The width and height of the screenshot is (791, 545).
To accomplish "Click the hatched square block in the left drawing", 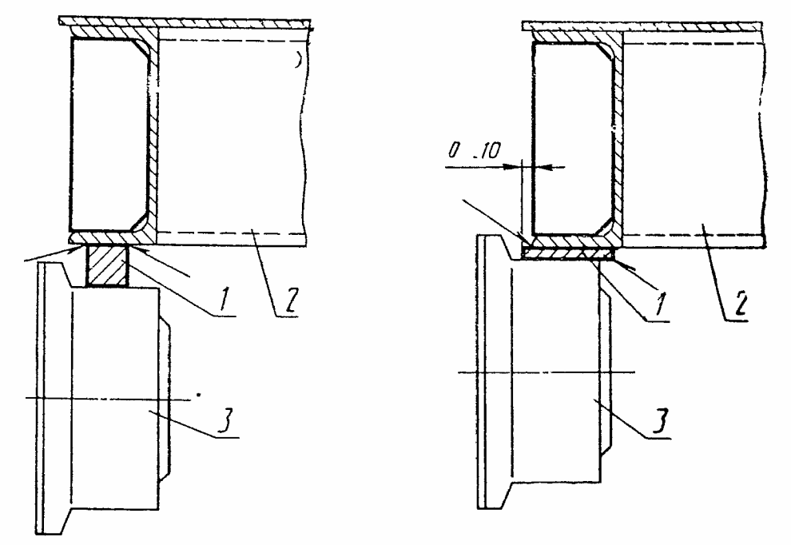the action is coord(105,265).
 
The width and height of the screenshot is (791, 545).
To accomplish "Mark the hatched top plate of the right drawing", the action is coord(639,29).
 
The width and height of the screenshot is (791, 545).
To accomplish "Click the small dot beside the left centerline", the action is coord(198,394).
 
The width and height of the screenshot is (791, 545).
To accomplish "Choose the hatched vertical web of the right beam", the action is coord(616,136).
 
